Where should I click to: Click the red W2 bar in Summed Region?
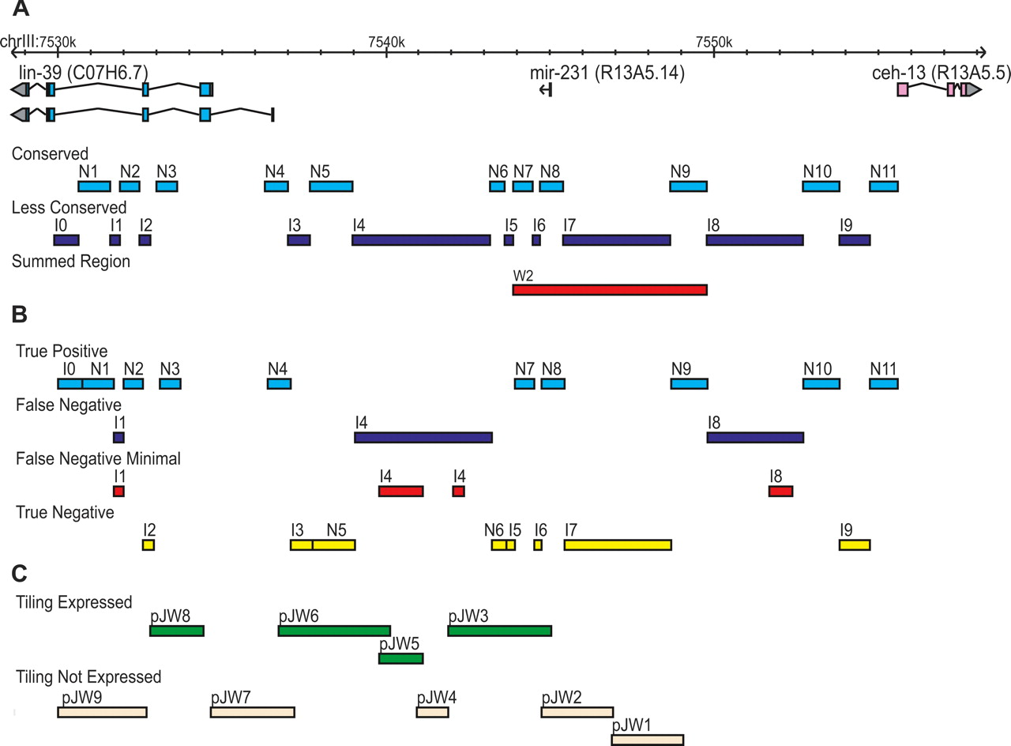609,290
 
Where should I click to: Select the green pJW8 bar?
177,631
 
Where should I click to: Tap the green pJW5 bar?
401,658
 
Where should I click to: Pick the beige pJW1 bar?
647,740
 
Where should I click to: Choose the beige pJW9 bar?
102,712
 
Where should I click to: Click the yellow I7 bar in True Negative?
618,544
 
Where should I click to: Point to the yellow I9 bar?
855,544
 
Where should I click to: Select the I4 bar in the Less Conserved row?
421,239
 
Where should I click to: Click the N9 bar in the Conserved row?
688,186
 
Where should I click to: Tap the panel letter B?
21,315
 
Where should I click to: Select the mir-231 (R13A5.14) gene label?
606,73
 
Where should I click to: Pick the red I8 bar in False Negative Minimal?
780,492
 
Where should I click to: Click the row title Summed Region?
70,262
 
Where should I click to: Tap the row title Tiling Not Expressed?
88,677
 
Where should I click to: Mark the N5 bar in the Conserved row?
331,186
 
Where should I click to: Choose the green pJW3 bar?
499,631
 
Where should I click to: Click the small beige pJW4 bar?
432,712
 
